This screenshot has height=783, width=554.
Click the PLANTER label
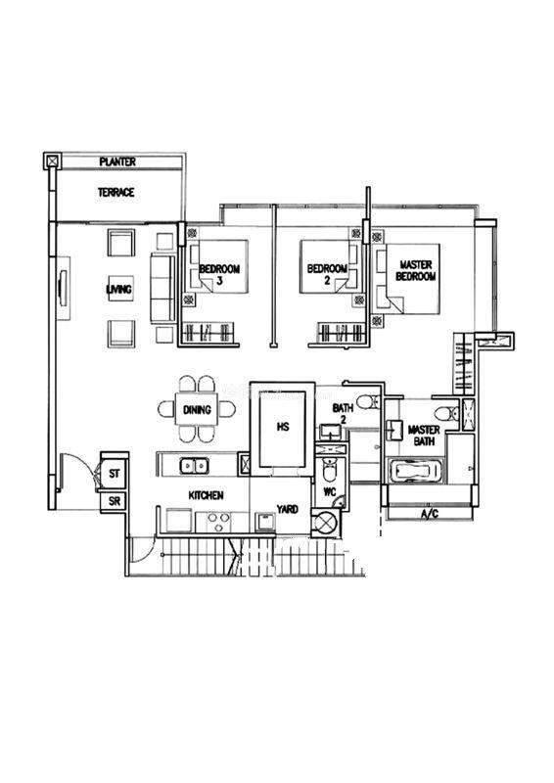117,161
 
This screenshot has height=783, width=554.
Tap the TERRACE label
115,192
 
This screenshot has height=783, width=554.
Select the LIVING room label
119,289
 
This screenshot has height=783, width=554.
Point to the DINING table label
197,410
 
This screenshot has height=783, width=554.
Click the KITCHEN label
206,495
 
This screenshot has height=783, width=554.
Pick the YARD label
287,509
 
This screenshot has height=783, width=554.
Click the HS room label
283,427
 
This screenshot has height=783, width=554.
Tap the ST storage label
115,473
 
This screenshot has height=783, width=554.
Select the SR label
115,501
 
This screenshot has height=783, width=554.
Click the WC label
330,492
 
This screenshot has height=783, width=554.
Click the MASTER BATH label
424,436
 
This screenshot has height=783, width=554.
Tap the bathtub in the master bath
416,471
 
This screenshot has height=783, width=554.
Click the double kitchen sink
195,466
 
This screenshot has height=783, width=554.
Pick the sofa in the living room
162,289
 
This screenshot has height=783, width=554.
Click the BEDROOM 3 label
219,274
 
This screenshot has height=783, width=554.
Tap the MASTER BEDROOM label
416,270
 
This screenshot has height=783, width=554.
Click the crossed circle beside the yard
326,523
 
